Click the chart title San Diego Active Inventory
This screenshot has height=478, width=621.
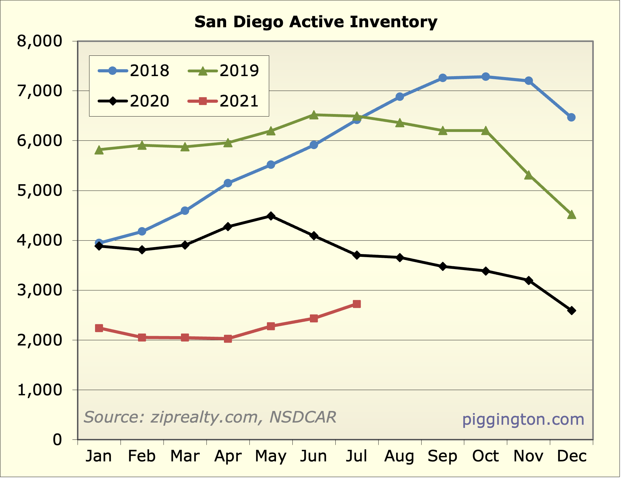[316, 22]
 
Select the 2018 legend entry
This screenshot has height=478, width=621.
[134, 70]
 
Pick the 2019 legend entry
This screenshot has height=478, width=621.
[224, 70]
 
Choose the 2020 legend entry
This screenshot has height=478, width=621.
[134, 101]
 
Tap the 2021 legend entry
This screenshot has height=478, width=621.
[224, 101]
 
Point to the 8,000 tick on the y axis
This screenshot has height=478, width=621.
[40, 41]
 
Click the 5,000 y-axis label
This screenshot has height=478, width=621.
[40, 190]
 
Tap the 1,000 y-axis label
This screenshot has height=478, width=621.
[40, 390]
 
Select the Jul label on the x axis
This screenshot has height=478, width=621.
[357, 456]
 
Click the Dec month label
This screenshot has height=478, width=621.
[571, 456]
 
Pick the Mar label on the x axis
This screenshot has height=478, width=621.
[185, 456]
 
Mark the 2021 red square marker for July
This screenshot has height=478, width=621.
[357, 304]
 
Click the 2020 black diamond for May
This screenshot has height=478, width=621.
[271, 216]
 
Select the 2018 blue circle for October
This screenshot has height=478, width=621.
[486, 77]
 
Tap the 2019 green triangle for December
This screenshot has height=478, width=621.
[571, 215]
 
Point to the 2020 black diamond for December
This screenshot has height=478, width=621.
[571, 310]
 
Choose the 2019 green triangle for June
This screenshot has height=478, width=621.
[314, 115]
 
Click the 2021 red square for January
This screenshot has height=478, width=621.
[99, 328]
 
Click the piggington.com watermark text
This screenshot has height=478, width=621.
[523, 420]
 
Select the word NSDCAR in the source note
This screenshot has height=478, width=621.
[303, 417]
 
